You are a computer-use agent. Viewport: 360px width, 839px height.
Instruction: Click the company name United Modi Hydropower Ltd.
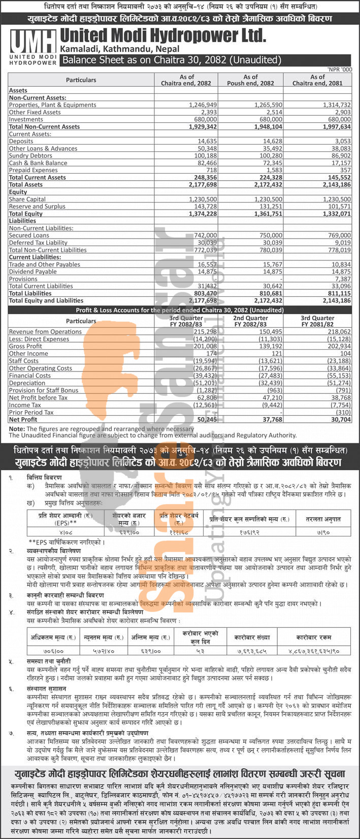pyautogui.click(x=162, y=36)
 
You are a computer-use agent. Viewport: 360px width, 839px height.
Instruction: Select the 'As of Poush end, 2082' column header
pyautogui.click(x=250, y=80)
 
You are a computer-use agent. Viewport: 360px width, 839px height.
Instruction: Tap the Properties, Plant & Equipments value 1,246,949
pyautogui.click(x=203, y=105)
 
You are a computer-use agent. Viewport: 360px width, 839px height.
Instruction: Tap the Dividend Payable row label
pyautogui.click(x=32, y=272)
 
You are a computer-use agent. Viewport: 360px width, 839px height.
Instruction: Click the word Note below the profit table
pyautogui.click(x=16, y=429)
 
